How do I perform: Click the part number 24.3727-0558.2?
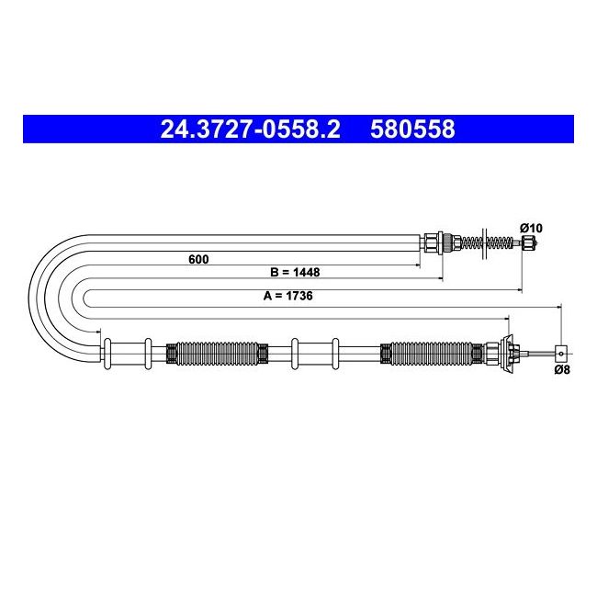tap(250, 130)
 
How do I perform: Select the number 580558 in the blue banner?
tap(412, 130)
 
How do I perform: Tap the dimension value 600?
tap(198, 259)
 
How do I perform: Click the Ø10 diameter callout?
tap(532, 227)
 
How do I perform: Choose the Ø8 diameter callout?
tap(563, 370)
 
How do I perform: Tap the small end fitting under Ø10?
tap(528, 242)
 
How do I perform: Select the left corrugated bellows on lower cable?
tap(216, 352)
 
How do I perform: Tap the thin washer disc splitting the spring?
tap(483, 242)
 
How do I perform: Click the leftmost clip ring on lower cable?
tap(108, 354)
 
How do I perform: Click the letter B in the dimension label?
tap(275, 273)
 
